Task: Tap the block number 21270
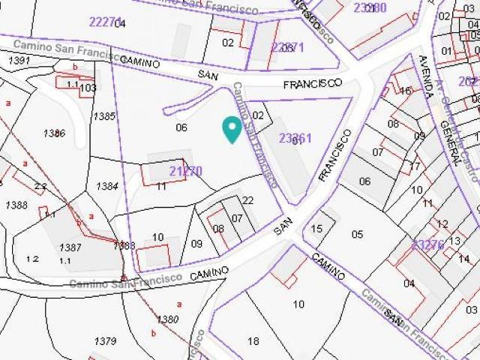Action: click(x=185, y=171)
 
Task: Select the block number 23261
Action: click(x=295, y=138)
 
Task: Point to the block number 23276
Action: click(x=428, y=245)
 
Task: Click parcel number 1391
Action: click(x=19, y=60)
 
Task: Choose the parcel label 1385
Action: click(x=104, y=116)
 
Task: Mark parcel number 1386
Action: click(x=54, y=133)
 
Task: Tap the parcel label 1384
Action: click(x=107, y=186)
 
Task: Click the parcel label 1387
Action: click(x=70, y=247)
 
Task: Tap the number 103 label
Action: click(x=88, y=88)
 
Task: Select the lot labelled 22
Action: click(x=248, y=200)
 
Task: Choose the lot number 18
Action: click(x=253, y=341)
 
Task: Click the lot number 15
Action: click(x=316, y=229)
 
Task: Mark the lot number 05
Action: click(x=356, y=234)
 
